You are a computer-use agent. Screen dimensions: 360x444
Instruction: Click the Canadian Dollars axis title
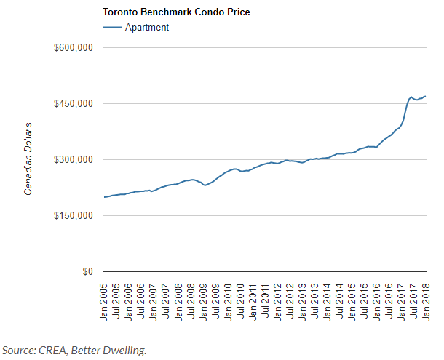coord(28,157)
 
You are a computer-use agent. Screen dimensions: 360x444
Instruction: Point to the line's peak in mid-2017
coord(411,97)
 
